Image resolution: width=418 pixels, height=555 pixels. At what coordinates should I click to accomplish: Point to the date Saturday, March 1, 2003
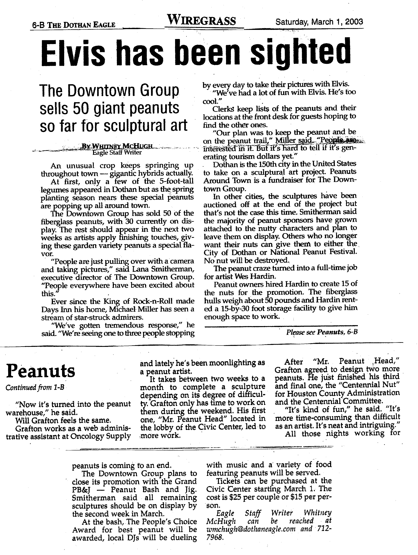coord(319,22)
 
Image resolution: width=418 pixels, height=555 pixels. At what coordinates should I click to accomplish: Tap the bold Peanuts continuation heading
coord(40,371)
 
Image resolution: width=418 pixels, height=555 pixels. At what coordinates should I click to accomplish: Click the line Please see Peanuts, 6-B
coord(322,332)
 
